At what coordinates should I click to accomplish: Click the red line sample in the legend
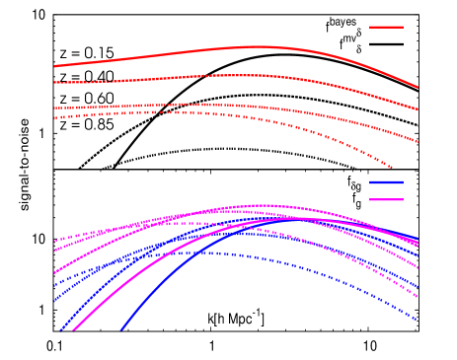[x=386, y=27]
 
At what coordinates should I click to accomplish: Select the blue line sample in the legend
[x=386, y=182]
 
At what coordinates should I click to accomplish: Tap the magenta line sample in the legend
[x=386, y=199]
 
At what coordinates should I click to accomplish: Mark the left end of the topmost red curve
[x=54, y=66]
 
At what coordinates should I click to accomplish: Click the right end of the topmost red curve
[x=418, y=88]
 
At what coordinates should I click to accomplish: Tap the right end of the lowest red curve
[x=393, y=168]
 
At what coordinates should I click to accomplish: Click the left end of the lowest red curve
[x=54, y=118]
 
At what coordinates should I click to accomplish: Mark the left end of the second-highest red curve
[x=54, y=83]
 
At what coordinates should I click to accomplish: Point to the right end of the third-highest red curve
[x=418, y=142]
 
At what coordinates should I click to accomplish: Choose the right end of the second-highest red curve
[x=418, y=110]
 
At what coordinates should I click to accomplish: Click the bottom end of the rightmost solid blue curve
[x=121, y=330]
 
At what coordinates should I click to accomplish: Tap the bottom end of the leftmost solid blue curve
[x=60, y=330]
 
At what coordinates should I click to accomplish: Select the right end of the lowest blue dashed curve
[x=418, y=320]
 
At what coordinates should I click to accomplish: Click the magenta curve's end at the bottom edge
[x=75, y=330]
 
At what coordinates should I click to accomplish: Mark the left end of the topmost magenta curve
[x=54, y=241]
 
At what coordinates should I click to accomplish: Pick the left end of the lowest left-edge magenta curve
[x=54, y=273]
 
